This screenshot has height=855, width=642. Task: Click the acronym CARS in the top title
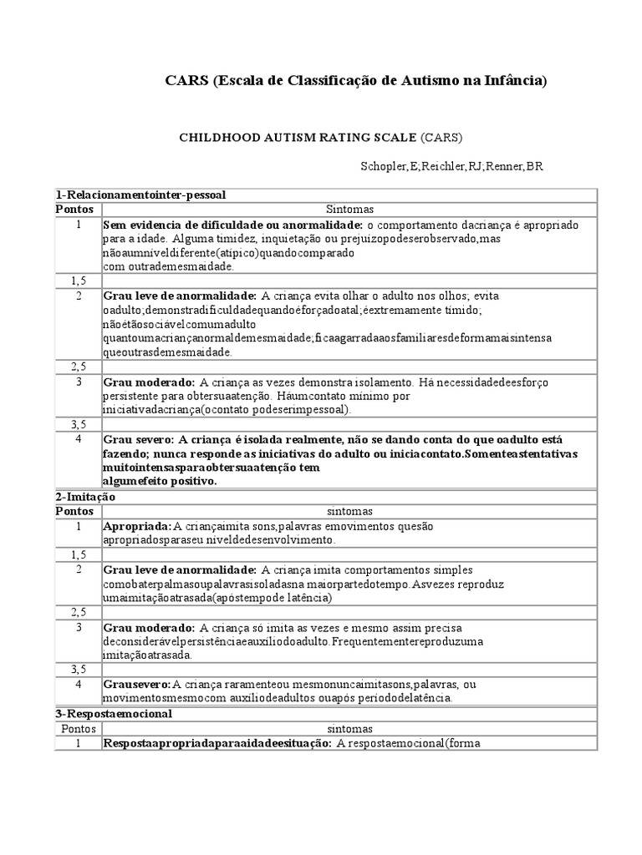pyautogui.click(x=185, y=80)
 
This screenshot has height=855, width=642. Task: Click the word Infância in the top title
pyautogui.click(x=517, y=80)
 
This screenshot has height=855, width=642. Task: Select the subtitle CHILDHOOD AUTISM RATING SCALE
pyautogui.click(x=298, y=136)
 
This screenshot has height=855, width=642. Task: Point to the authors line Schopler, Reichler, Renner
pyautogui.click(x=452, y=166)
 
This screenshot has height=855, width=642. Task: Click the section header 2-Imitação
pyautogui.click(x=85, y=496)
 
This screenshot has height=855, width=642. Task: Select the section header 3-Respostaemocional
pyautogui.click(x=114, y=714)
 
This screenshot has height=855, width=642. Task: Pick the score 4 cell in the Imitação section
pyautogui.click(x=78, y=684)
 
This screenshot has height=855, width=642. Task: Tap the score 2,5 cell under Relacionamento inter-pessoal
pyautogui.click(x=78, y=367)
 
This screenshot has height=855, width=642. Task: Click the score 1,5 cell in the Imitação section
pyautogui.click(x=78, y=554)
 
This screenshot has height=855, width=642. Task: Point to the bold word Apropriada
pyautogui.click(x=136, y=526)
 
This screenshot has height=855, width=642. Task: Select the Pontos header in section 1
pyautogui.click(x=75, y=209)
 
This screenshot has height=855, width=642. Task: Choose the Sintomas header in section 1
pyautogui.click(x=349, y=209)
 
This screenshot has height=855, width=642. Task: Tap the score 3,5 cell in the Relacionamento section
pyautogui.click(x=78, y=424)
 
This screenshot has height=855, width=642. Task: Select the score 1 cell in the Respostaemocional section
pyautogui.click(x=78, y=742)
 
